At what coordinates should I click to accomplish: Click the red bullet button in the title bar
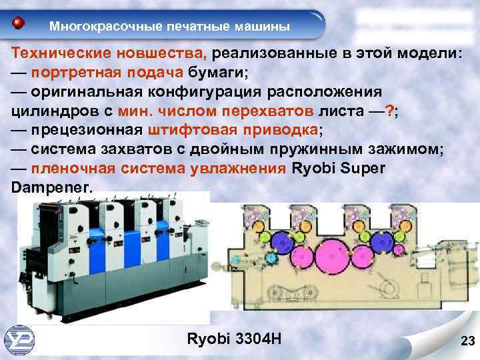click(19, 24)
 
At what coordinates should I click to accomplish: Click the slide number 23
click(467, 343)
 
